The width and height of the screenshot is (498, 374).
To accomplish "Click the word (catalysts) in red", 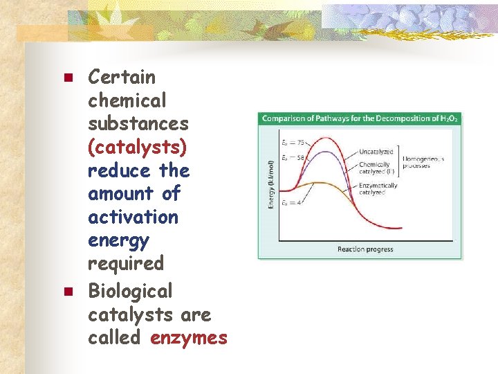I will [x=137, y=147].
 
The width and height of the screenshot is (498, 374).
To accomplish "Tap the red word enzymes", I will [x=188, y=337].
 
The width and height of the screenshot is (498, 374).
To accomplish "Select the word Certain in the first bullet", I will [x=122, y=77].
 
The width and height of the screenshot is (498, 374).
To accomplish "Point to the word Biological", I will [x=130, y=291].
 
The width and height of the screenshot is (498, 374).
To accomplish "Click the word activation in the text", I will [x=133, y=217].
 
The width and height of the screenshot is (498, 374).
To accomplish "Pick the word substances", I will [x=138, y=123].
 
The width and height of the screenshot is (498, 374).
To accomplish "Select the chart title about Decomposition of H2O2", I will [x=360, y=118].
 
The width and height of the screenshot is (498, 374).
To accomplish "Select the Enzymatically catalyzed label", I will [x=378, y=188].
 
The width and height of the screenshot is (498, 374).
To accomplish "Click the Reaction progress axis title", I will [x=365, y=249].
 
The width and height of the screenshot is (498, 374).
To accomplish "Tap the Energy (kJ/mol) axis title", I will [x=271, y=184].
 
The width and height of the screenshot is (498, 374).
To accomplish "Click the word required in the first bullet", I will [x=125, y=263].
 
